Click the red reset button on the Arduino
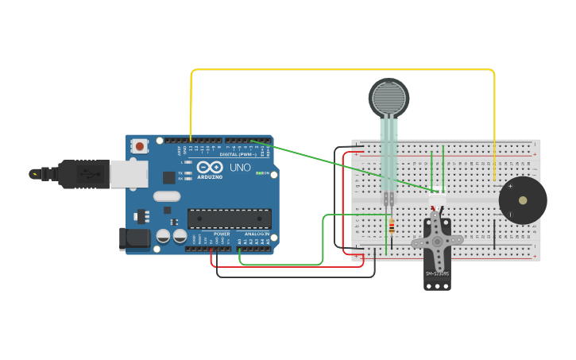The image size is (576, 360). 140,145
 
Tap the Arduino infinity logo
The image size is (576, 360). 210,167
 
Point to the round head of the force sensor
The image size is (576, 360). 388,98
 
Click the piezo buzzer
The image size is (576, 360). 522,200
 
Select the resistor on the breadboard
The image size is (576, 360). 391,227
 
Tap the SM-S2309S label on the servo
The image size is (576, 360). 437,274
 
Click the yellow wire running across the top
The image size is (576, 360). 342,70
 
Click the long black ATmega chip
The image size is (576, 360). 229,219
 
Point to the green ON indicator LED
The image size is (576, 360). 258,173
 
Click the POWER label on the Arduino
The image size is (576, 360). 222,234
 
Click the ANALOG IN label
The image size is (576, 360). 257,234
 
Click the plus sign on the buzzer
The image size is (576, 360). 510,186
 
